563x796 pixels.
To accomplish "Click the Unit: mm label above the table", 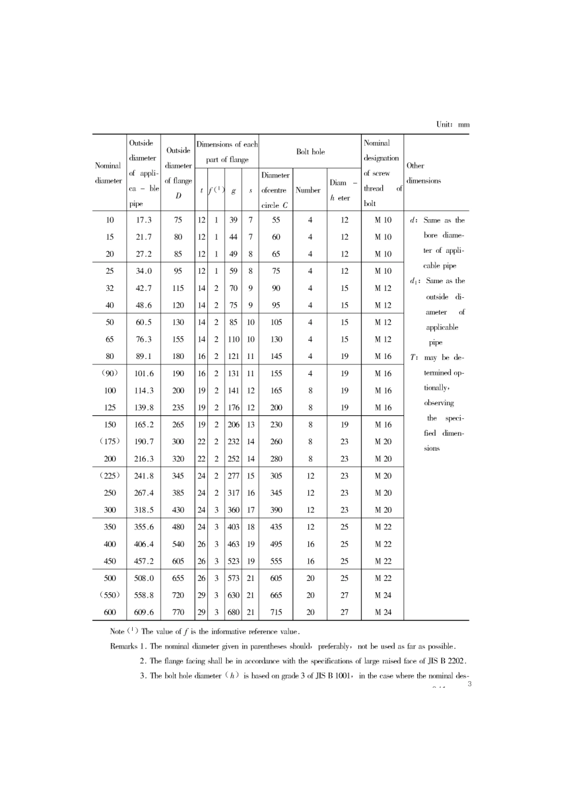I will [453, 124].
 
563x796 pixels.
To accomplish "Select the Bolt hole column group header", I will [311, 152].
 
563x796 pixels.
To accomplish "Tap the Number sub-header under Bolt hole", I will [308, 190].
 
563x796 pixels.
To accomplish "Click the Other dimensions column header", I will [423, 173].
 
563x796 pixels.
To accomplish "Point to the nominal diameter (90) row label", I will [110, 373].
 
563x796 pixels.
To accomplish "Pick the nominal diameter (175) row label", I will [110, 441].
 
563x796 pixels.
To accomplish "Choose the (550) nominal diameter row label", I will [110, 595].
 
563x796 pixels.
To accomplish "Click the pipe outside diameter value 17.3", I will [143, 220].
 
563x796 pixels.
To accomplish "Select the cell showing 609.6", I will [143, 612].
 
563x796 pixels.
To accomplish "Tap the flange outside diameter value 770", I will [178, 612].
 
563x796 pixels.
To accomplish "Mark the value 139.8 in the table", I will [143, 407].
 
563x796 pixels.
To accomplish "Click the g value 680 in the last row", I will [233, 612].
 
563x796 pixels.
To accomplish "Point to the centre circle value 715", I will [276, 612].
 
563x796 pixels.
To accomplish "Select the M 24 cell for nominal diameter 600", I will [383, 612].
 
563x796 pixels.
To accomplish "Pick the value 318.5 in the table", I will [143, 510].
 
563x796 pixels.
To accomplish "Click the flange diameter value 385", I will [178, 493].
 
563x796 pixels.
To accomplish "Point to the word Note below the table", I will [117, 631].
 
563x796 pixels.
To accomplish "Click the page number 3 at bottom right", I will [469, 685].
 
